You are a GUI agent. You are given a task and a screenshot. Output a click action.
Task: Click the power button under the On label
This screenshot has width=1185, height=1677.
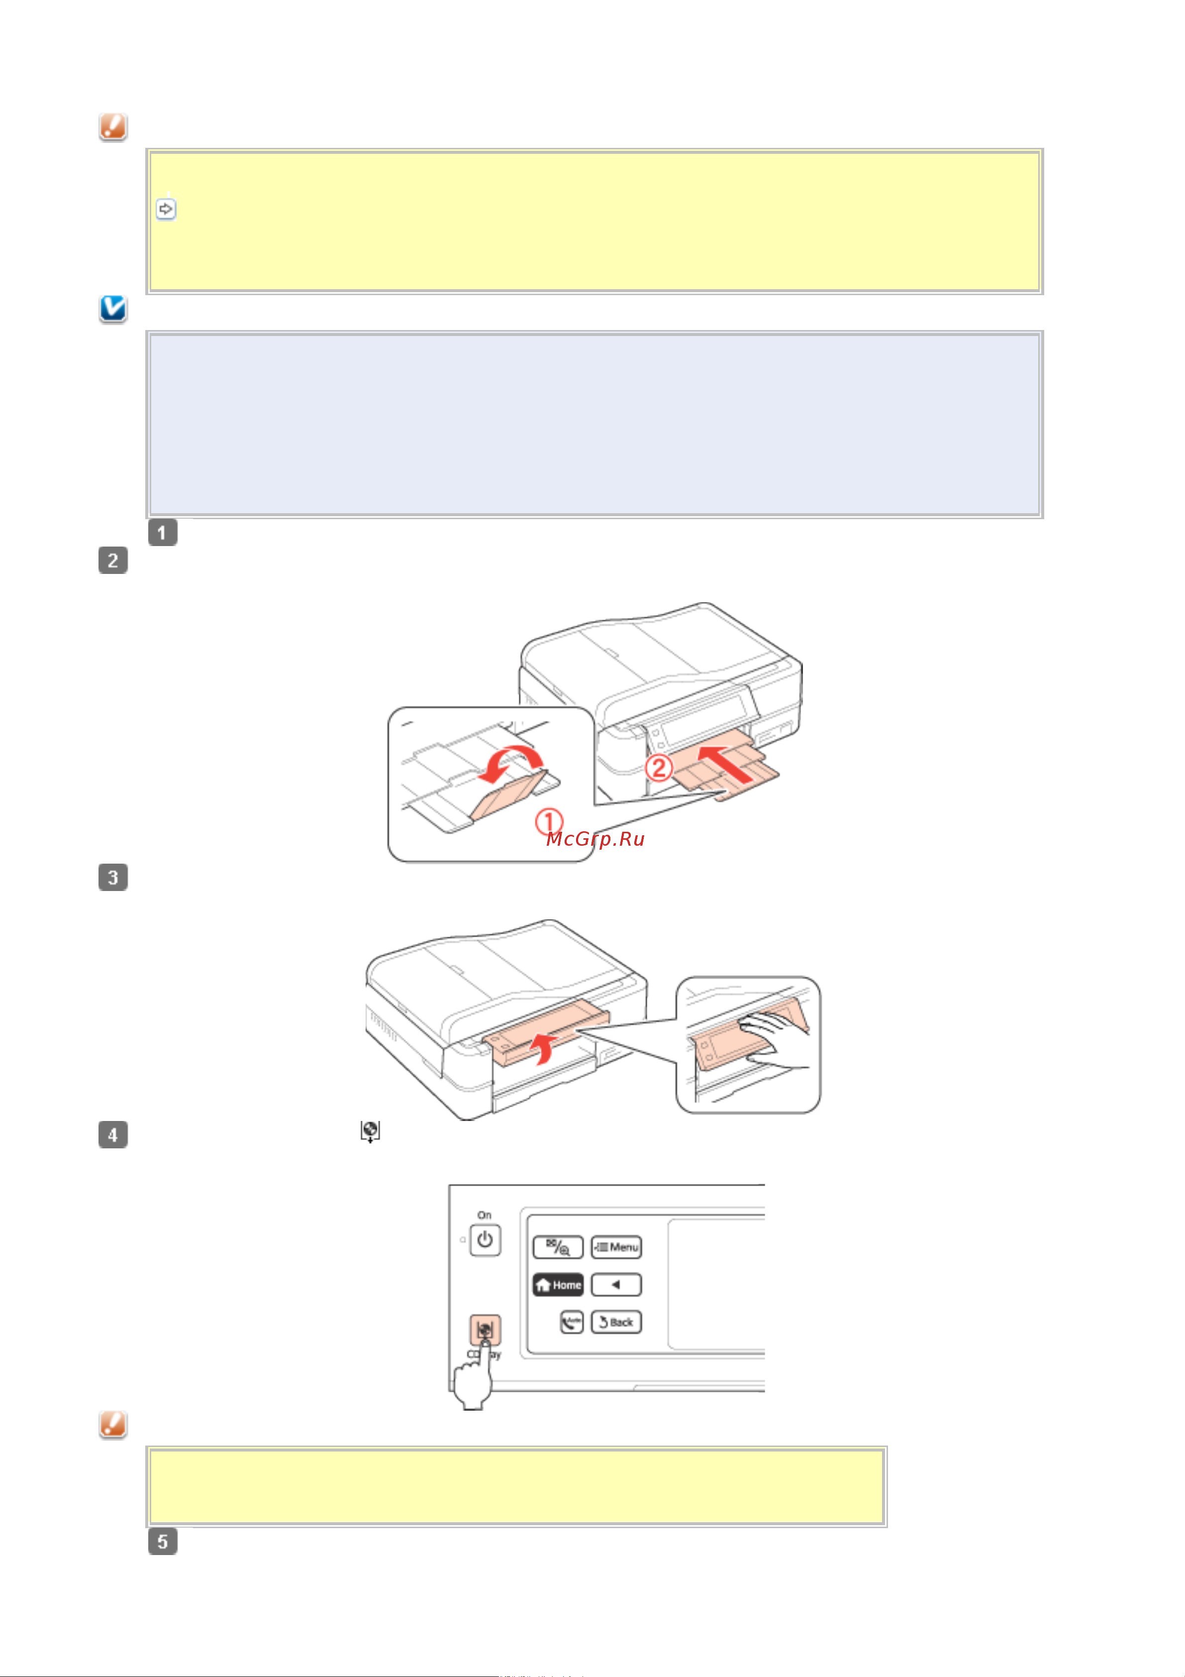click(x=485, y=1240)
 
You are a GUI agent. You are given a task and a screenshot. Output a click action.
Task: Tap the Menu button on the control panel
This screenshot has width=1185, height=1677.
click(x=616, y=1247)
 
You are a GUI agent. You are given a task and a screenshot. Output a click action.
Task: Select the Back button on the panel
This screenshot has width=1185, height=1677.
click(x=616, y=1322)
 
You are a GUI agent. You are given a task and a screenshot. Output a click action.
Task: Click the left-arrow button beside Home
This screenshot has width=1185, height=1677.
click(x=616, y=1285)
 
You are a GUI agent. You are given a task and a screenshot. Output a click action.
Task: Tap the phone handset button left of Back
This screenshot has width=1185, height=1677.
click(x=572, y=1322)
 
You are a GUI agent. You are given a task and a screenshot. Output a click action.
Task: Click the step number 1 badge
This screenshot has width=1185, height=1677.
click(x=162, y=533)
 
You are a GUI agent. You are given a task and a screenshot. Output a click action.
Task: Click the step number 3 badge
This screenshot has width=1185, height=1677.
click(x=113, y=877)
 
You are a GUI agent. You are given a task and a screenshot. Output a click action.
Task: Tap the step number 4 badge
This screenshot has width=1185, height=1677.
click(x=113, y=1135)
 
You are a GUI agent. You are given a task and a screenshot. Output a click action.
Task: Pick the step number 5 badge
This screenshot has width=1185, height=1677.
click(x=162, y=1542)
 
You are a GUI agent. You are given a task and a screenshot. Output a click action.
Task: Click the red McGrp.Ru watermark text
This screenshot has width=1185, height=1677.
click(x=595, y=839)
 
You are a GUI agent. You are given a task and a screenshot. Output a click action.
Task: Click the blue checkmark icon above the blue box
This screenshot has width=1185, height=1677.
click(x=113, y=309)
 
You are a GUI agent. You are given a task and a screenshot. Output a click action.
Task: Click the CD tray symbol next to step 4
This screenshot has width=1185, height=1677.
click(x=370, y=1132)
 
